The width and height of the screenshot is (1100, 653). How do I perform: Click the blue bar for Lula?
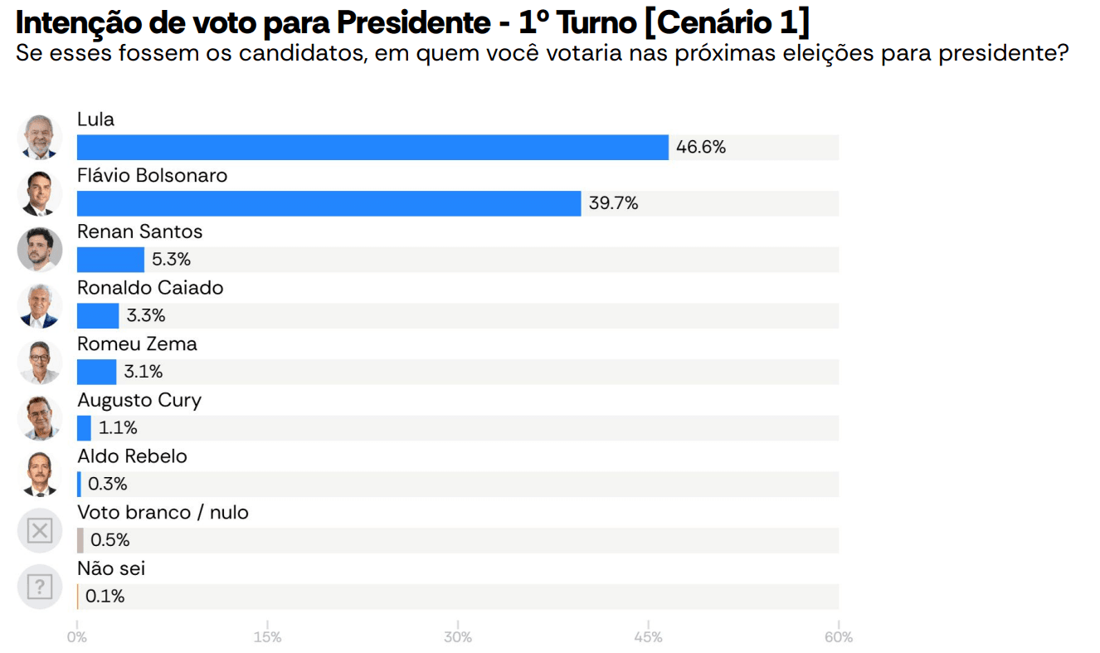tap(372, 148)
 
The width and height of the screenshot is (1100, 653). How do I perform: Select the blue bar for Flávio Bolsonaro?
tap(329, 203)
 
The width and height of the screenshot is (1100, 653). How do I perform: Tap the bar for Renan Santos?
tap(110, 260)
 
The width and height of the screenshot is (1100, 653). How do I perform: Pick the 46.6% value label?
tap(701, 148)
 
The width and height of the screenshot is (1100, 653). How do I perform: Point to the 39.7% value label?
tap(614, 203)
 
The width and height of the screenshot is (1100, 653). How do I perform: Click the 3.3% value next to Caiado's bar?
tap(146, 315)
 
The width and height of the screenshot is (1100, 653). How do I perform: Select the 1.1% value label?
tap(118, 428)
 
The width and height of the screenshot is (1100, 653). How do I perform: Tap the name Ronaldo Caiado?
tap(150, 288)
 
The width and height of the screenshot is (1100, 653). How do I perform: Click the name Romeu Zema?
tap(137, 344)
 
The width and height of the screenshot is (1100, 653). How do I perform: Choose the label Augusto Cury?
tap(139, 400)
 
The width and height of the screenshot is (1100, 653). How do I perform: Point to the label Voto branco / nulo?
tap(163, 512)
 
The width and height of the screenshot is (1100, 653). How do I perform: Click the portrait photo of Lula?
tap(40, 137)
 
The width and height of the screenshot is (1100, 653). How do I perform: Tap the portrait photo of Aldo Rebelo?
tap(40, 474)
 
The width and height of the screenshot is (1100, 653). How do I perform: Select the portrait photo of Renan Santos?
tap(40, 249)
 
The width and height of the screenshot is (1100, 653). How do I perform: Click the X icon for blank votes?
tap(40, 530)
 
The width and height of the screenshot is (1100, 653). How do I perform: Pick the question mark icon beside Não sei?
tap(40, 587)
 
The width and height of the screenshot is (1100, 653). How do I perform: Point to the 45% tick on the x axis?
tap(649, 637)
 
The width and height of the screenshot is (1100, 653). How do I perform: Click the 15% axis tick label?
tap(267, 637)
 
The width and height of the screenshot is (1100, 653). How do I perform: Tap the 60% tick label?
tap(839, 637)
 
